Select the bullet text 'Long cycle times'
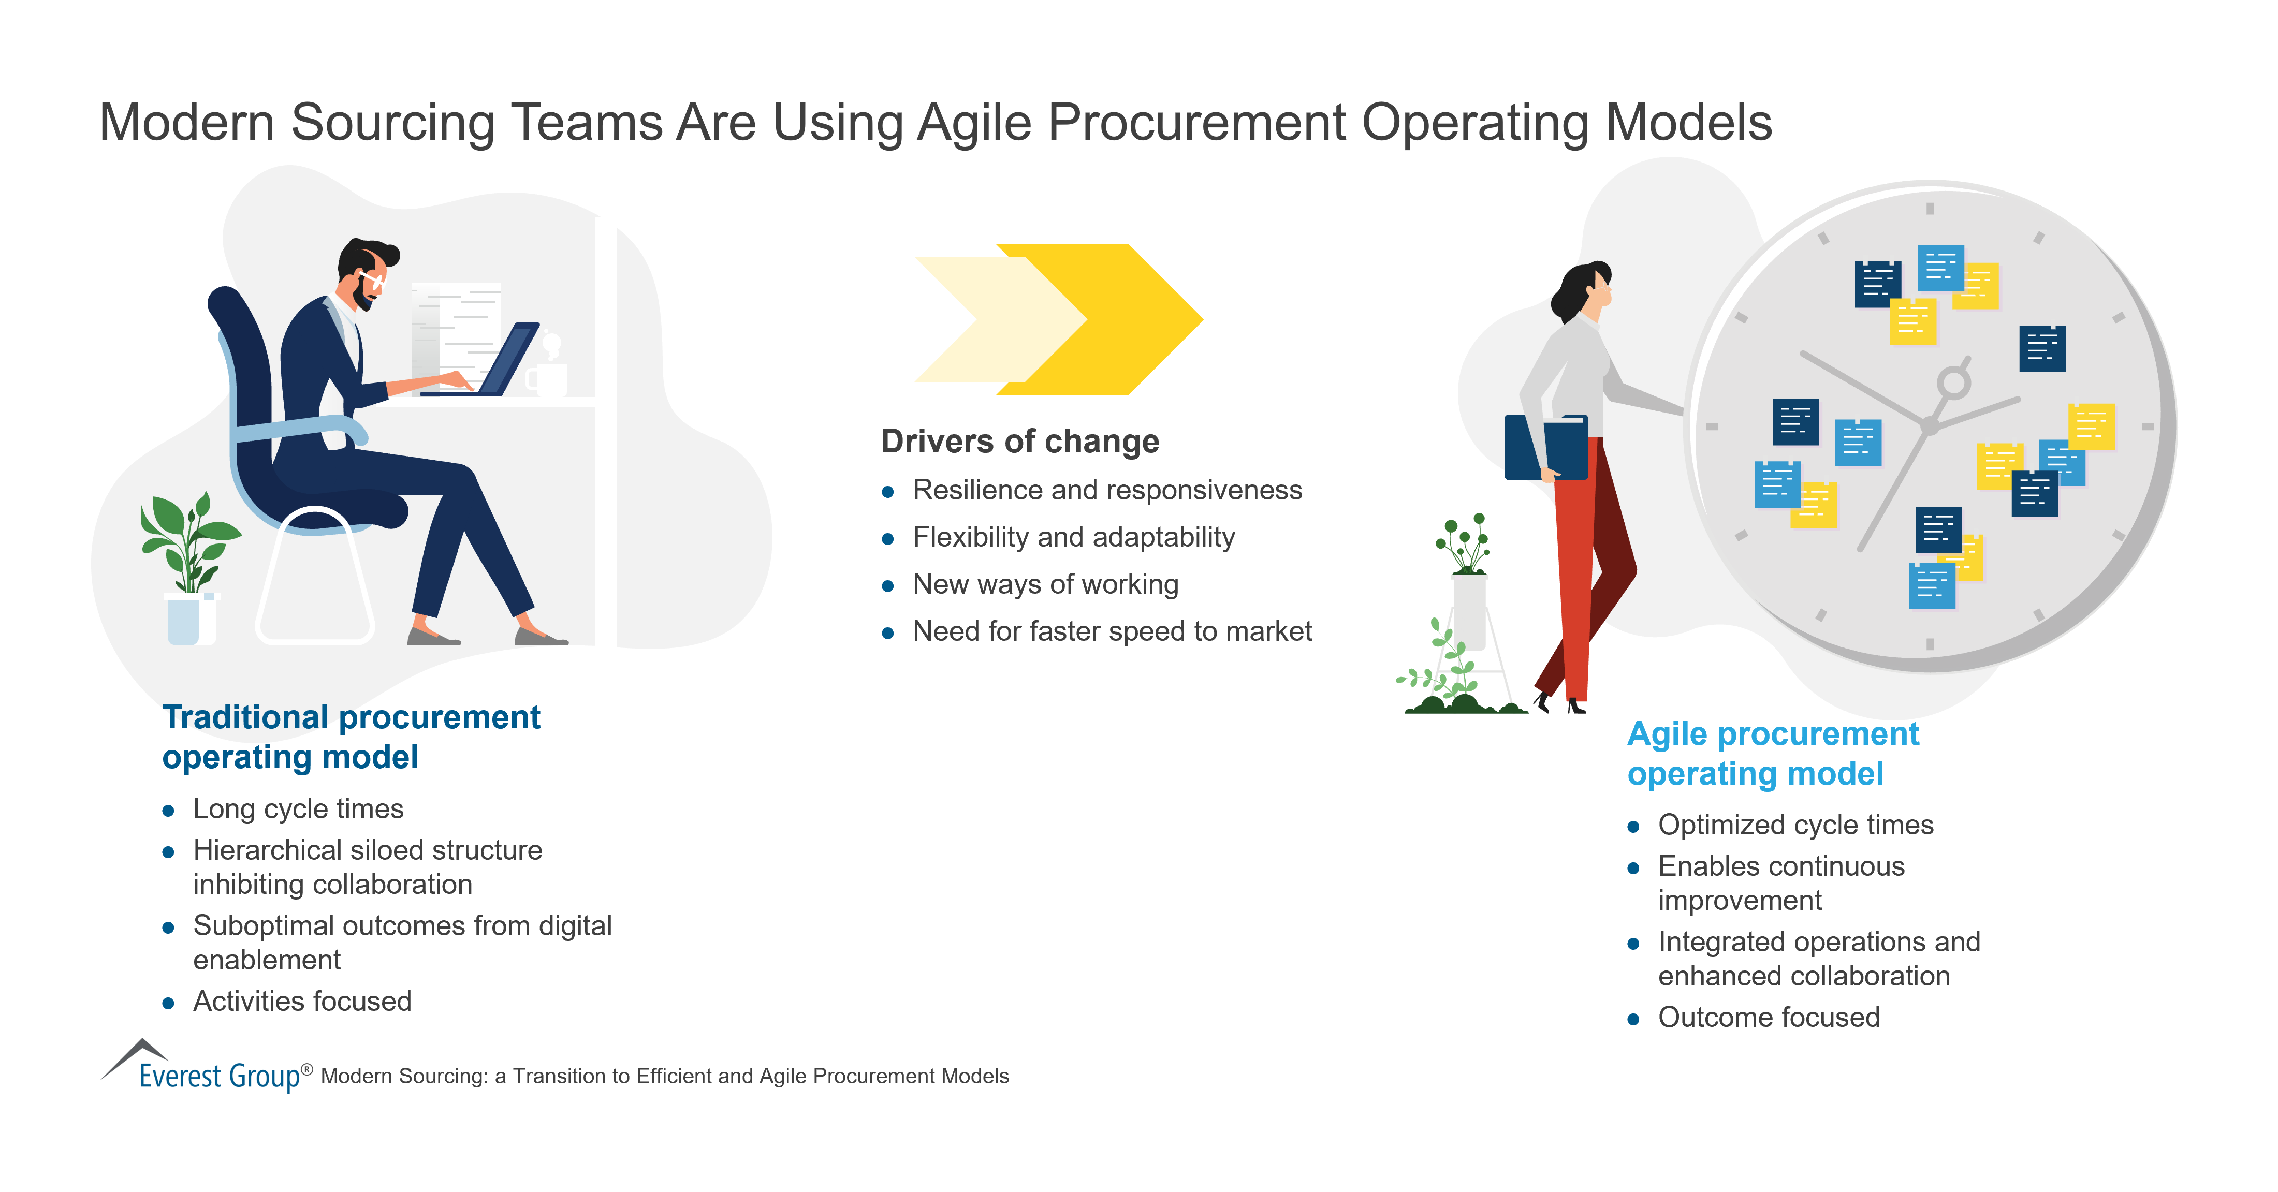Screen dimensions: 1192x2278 (298, 808)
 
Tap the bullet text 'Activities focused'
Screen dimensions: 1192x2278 (301, 1001)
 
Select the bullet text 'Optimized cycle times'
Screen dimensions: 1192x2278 (1794, 824)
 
